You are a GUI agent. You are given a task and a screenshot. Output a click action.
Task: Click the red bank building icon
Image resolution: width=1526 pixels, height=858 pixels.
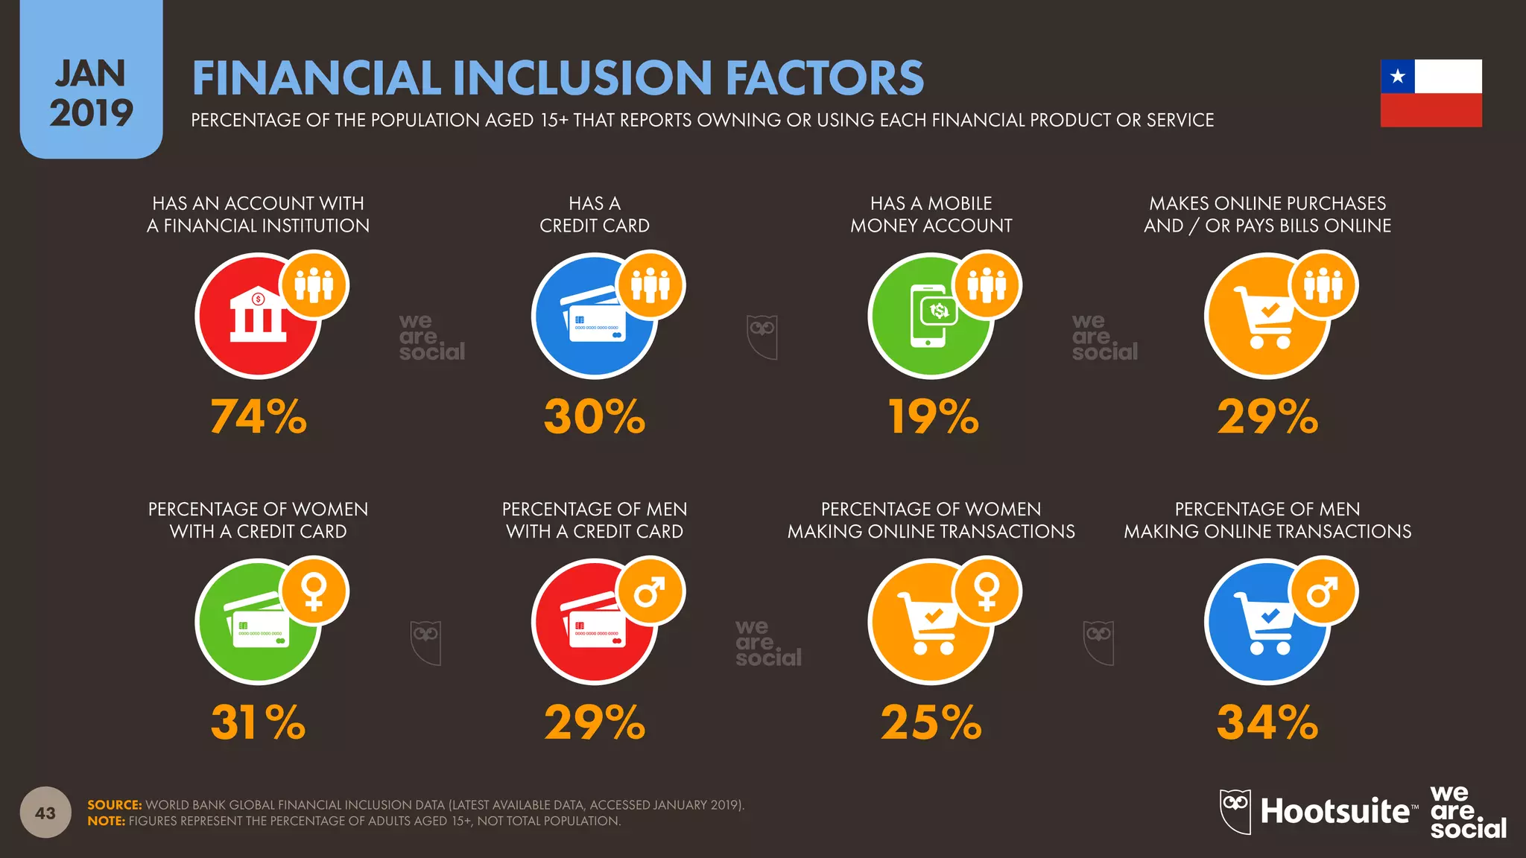(x=258, y=316)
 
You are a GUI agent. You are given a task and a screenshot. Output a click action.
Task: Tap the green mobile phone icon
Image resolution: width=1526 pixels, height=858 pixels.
(x=931, y=316)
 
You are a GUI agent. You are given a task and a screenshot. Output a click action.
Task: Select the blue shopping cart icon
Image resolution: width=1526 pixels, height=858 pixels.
(x=1267, y=622)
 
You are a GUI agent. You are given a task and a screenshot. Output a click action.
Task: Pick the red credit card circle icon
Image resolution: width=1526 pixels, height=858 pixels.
(x=595, y=622)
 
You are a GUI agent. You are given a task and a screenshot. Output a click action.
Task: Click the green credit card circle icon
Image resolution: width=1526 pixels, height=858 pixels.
(x=258, y=622)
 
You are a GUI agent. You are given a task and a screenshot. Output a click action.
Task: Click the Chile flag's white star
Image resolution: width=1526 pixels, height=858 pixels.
(x=1397, y=76)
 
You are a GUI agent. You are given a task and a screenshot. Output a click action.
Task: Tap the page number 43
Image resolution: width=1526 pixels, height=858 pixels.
(x=45, y=813)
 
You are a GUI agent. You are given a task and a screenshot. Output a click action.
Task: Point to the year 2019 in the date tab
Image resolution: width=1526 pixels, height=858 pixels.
(x=91, y=112)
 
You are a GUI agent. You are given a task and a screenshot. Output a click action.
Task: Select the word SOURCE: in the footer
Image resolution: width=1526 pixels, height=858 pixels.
(x=114, y=804)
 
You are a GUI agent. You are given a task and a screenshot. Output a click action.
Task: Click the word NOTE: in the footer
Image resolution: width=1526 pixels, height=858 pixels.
(x=107, y=821)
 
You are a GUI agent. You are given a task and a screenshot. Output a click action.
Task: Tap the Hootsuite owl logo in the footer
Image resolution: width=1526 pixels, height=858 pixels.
(x=1235, y=811)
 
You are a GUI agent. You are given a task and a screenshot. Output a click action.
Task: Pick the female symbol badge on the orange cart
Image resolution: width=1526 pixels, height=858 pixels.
(x=987, y=592)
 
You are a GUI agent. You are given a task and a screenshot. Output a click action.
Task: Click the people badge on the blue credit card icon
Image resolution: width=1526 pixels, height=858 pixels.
(x=650, y=286)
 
